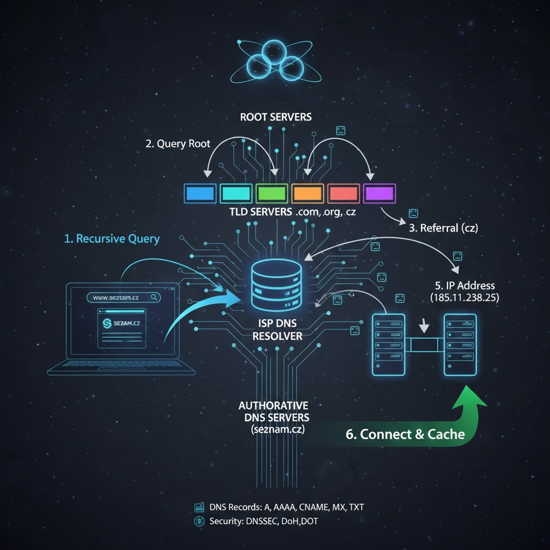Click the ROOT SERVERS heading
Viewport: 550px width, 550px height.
point(276,117)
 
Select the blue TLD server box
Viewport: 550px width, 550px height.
point(199,193)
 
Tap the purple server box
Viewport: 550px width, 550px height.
point(379,193)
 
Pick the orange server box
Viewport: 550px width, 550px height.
point(308,193)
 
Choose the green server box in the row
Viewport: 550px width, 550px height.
point(272,193)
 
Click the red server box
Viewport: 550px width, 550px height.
point(343,193)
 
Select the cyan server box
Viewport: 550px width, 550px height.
point(236,193)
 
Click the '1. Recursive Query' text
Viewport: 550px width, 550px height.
point(112,238)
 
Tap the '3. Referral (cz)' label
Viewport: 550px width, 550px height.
point(443,227)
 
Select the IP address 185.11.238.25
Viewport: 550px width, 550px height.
point(464,297)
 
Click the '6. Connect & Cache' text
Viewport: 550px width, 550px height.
point(405,434)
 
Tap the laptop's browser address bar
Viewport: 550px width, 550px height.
point(122,296)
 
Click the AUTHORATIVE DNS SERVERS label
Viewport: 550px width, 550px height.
point(273,417)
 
